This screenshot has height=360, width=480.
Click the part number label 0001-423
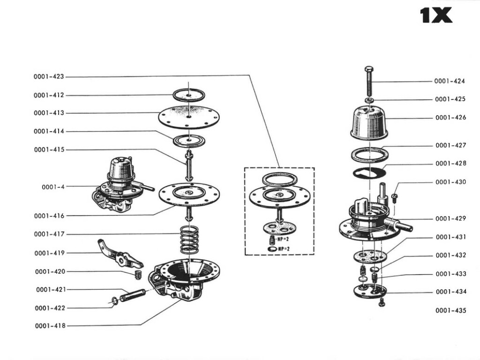pyautogui.click(x=48, y=76)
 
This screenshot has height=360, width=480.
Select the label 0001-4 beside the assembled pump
pyautogui.click(x=53, y=187)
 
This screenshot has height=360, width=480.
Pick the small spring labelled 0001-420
pyautogui.click(x=138, y=274)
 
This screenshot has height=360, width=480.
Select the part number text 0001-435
pyautogui.click(x=450, y=310)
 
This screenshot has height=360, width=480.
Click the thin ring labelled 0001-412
pyautogui.click(x=188, y=95)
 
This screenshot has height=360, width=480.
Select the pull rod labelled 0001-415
pyautogui.click(x=188, y=164)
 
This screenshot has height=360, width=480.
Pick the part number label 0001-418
pyautogui.click(x=49, y=326)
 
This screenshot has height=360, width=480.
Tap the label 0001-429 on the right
pyautogui.click(x=450, y=218)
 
